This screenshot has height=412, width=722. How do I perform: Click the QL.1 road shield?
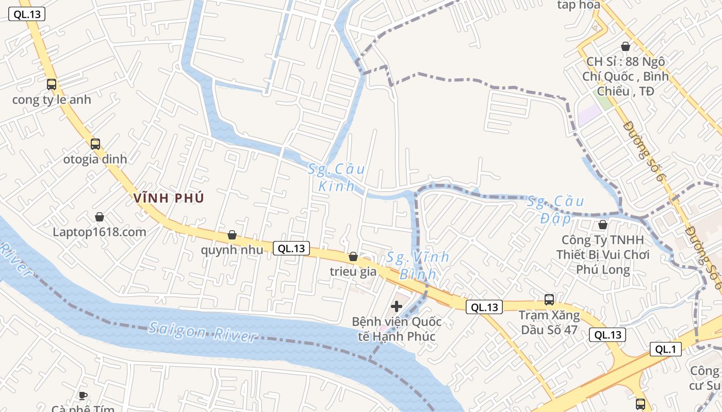tap(665, 349)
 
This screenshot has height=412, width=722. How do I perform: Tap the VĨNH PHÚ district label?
tap(169, 198)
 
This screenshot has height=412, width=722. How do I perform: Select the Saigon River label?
tap(202, 332)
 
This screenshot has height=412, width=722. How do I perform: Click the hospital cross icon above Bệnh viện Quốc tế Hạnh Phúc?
tap(397, 306)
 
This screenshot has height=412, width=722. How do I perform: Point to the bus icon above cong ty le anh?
tap(52, 84)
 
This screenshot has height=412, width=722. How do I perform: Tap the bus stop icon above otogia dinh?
tap(95, 144)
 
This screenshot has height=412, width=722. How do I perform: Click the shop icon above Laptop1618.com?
tap(100, 217)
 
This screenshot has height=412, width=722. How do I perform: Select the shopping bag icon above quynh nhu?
tap(232, 235)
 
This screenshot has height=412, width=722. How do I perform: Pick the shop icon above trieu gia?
tap(353, 256)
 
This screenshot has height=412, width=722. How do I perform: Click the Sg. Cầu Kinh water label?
tap(337, 177)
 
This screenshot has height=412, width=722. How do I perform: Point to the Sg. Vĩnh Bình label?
tap(418, 265)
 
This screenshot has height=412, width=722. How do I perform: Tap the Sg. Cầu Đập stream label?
tap(555, 210)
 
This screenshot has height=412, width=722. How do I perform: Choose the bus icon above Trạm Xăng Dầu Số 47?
tap(549, 300)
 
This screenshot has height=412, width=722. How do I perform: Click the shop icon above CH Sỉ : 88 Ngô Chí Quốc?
tap(626, 46)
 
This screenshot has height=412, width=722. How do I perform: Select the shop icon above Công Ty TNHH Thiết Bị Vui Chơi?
tap(602, 225)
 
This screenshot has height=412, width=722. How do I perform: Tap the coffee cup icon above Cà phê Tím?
tap(83, 396)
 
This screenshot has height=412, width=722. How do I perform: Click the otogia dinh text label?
tap(95, 159)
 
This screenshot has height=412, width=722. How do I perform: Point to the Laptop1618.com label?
tap(100, 232)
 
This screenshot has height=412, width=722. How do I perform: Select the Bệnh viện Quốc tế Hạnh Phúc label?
tap(397, 329)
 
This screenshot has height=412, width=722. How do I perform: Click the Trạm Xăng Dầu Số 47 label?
tap(549, 322)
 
